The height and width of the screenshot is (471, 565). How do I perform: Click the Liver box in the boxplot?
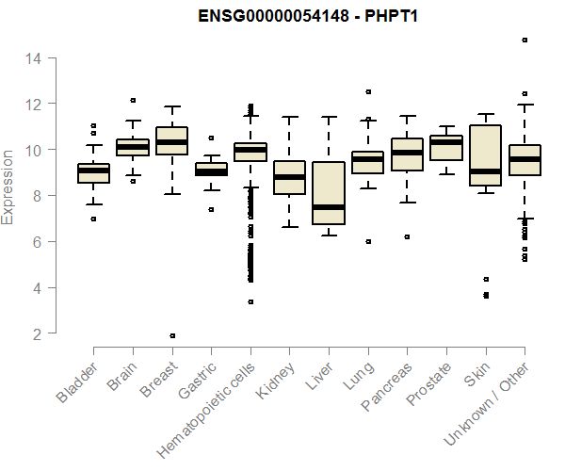pos(328,193)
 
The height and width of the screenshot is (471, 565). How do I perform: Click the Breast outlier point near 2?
pos(172,335)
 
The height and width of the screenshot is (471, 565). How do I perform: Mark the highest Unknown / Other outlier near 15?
pos(525,41)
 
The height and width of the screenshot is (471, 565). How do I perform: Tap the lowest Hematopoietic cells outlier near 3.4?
pos(250,301)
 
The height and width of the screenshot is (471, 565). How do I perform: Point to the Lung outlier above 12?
pos(368,92)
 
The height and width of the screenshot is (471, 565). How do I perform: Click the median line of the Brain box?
pos(133,147)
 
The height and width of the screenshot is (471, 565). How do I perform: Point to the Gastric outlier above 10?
pos(211,138)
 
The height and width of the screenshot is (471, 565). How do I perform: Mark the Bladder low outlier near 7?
pos(93,219)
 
